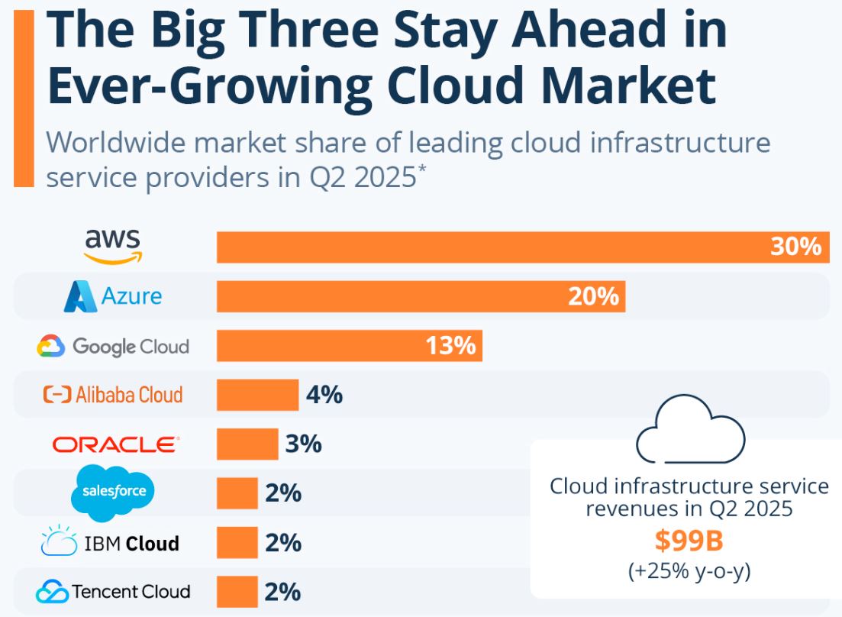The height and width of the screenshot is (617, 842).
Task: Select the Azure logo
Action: pos(113,296)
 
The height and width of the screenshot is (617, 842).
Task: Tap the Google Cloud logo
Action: pos(113,347)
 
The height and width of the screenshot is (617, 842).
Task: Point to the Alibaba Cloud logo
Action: pos(113,395)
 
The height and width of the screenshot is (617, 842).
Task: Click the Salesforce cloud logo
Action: pos(113,491)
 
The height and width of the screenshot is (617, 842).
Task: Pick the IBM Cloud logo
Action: pos(110,543)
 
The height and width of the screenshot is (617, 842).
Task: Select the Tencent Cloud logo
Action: pos(113,591)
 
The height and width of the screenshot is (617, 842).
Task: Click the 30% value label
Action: pos(795,247)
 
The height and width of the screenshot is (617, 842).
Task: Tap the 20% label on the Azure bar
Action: pos(593,296)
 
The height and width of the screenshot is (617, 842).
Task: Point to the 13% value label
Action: pos(450,346)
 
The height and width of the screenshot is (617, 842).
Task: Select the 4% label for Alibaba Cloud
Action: pos(324,396)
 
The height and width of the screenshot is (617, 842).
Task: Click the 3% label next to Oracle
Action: pos(303,444)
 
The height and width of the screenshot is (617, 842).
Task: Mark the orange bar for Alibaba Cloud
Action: pos(257,396)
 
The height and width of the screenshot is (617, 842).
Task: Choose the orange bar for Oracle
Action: pos(247,444)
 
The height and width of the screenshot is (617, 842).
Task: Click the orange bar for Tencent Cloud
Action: pos(237,592)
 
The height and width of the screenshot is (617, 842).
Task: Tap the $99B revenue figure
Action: pos(689,541)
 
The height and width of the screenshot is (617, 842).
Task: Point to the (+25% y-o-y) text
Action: pos(689,570)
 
